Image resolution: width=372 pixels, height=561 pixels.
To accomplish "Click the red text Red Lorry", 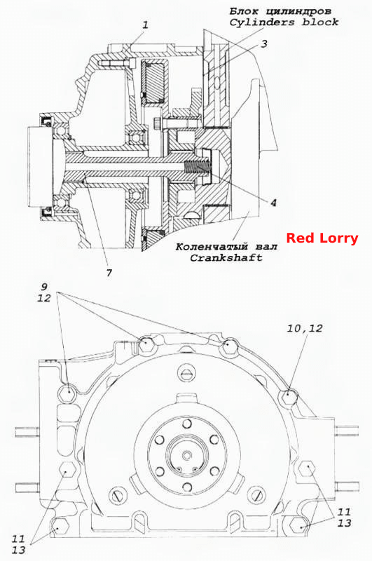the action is coord(322,238).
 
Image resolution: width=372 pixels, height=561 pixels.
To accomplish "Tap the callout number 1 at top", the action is coord(145,25).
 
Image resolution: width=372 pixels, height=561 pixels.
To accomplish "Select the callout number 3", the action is coord(263,44).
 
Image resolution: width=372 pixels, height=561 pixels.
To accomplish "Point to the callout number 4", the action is coord(273,203).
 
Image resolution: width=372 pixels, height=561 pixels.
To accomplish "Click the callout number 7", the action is coord(109,273).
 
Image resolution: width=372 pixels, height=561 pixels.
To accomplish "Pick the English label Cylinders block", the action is coord(284,22).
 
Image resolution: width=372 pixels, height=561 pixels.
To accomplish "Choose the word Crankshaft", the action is coord(226,257).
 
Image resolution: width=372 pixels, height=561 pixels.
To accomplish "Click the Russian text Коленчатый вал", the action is coord(226,247).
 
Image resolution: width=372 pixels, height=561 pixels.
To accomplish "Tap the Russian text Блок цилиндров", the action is coord(280,11).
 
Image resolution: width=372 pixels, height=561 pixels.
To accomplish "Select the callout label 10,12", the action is coord(305,328).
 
